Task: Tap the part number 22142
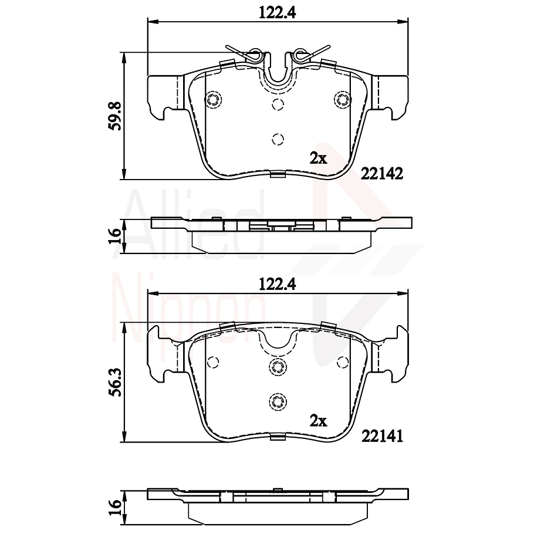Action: [381, 174]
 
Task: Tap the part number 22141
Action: [381, 435]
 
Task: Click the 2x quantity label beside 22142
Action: [318, 158]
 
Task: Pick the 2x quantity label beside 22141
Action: [318, 420]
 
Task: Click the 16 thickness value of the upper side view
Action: [115, 235]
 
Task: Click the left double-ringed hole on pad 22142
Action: [214, 99]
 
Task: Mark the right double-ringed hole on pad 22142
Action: [342, 99]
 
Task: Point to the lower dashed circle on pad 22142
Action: [278, 139]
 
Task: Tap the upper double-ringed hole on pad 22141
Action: [278, 367]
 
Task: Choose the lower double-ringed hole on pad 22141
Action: [278, 401]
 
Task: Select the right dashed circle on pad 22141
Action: [342, 361]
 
